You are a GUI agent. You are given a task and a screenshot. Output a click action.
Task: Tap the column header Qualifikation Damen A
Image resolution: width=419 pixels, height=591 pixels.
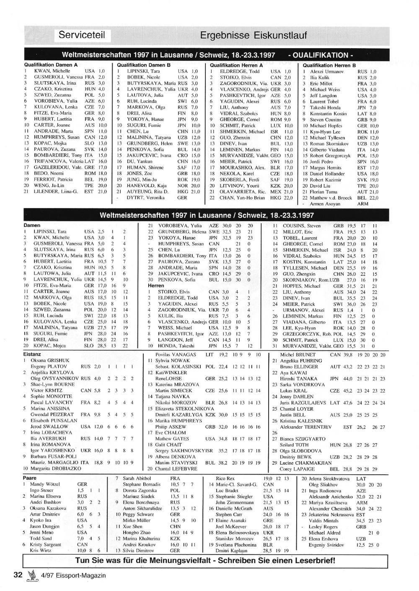tap(51, 65)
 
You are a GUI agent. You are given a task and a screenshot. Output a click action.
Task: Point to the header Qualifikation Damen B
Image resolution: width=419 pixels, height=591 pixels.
tap(144, 65)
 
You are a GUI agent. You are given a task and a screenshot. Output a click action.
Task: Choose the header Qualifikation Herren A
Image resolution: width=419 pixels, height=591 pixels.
tap(236, 65)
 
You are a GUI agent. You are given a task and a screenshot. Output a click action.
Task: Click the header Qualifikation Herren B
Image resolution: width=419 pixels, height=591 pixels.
tap(329, 65)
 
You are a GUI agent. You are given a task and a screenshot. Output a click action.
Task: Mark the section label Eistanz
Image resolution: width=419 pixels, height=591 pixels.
tap(32, 354)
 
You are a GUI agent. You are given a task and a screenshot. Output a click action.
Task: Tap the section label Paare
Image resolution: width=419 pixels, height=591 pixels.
tap(30, 478)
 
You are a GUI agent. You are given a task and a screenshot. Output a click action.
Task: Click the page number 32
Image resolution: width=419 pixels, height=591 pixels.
tap(18, 575)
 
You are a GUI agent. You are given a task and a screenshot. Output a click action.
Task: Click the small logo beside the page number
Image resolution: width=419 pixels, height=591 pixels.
tap(30, 575)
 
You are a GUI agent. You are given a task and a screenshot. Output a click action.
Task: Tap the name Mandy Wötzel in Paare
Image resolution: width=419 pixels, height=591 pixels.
tap(45, 484)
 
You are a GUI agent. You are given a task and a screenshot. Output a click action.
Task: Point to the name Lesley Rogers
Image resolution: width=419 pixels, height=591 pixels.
tap(323, 527)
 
